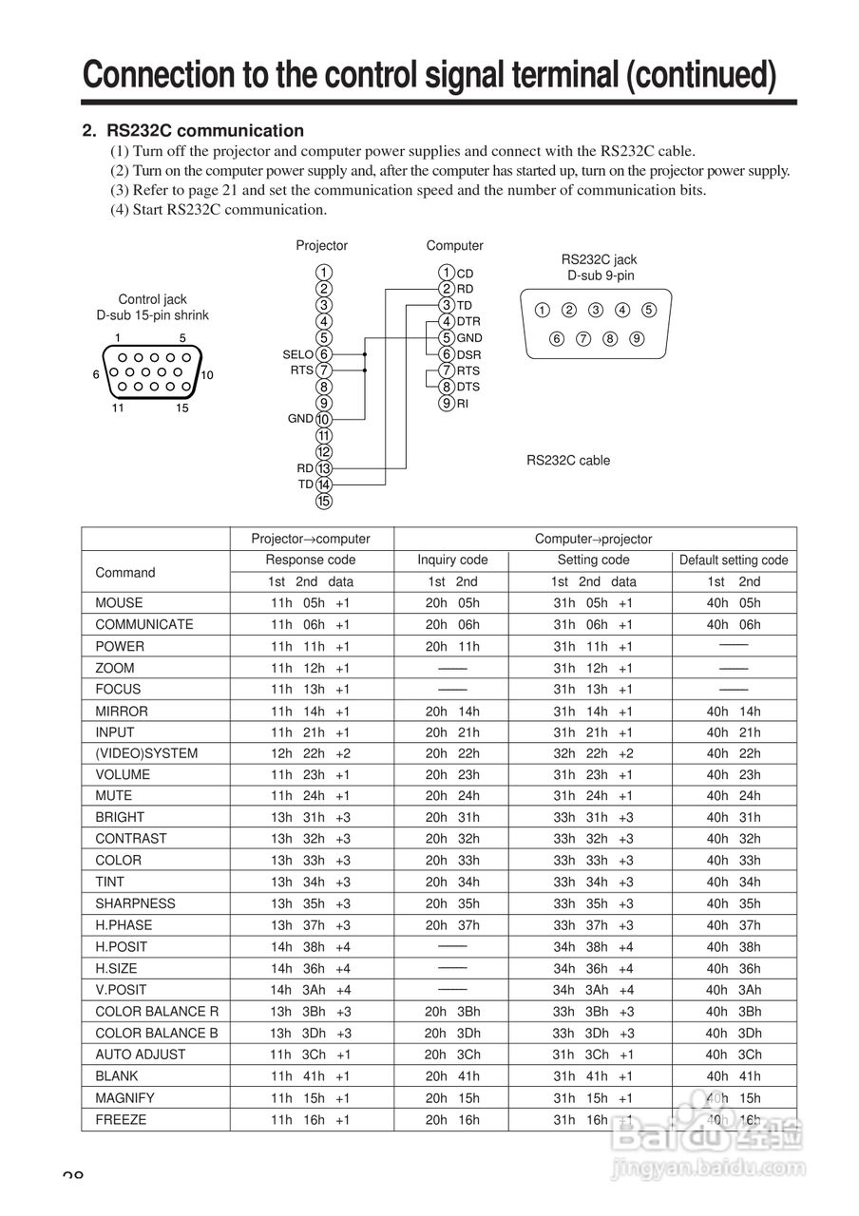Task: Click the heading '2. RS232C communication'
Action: coord(193,131)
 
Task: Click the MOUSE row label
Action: coord(119,603)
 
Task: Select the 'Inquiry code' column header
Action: coord(452,560)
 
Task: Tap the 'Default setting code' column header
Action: coord(734,560)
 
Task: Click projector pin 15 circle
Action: coord(324,501)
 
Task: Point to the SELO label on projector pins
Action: coord(297,354)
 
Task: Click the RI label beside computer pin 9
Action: coord(463,404)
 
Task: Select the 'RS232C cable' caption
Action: coord(568,461)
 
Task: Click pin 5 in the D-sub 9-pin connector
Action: coord(649,310)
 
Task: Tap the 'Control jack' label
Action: coord(152,299)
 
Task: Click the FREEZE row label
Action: coord(121,1120)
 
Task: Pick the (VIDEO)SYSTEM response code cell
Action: coord(311,754)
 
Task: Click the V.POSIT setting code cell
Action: coord(594,990)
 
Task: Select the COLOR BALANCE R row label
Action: coord(157,1012)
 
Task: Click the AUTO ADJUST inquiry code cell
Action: coord(452,1054)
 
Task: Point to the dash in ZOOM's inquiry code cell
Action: coord(452,668)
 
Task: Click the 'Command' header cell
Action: coord(124,573)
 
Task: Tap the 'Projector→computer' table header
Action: coord(311,539)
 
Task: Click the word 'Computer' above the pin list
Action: coord(454,246)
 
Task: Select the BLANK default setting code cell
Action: coord(734,1076)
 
